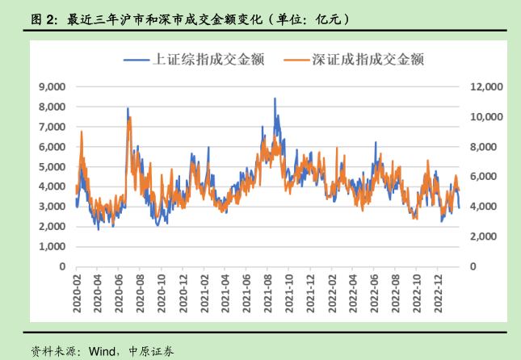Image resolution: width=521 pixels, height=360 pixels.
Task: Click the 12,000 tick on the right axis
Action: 487,86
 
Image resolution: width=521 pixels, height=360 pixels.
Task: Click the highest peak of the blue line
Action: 275,98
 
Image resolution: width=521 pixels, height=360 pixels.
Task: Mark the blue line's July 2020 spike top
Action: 128,108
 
